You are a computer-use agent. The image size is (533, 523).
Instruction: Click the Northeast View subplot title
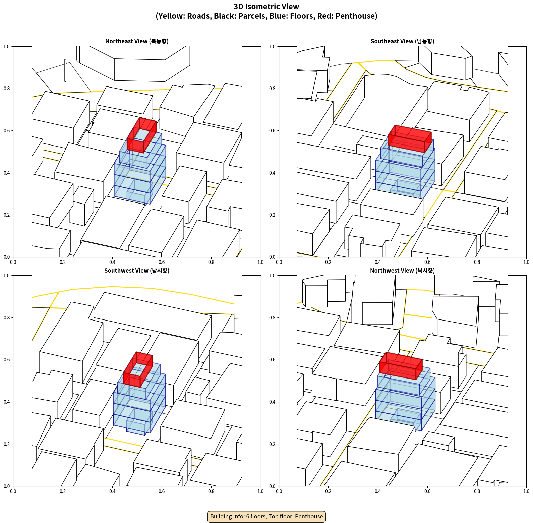(137, 41)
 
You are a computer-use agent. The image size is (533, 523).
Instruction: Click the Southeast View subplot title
(402, 41)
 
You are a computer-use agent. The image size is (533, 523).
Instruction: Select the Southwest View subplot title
(137, 270)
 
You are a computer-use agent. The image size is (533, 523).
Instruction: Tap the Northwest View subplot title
(402, 270)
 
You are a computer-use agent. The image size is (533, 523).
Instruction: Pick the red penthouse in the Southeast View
(410, 138)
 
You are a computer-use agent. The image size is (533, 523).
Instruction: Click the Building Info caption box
(266, 516)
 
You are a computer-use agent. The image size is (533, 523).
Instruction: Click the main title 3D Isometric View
(266, 7)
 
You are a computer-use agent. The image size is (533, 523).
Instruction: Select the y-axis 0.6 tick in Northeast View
(7, 131)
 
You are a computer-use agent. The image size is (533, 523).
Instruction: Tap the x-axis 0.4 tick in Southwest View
(112, 491)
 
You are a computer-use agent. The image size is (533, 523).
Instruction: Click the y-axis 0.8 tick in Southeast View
(272, 89)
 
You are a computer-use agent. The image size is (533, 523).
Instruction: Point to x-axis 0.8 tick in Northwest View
(477, 491)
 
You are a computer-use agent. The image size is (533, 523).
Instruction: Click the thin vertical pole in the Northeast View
(65, 70)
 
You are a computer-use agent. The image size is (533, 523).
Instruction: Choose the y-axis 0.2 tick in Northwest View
(272, 444)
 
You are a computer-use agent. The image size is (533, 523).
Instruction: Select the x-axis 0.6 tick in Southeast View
(427, 262)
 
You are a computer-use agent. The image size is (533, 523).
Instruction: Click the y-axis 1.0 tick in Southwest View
(7, 276)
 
